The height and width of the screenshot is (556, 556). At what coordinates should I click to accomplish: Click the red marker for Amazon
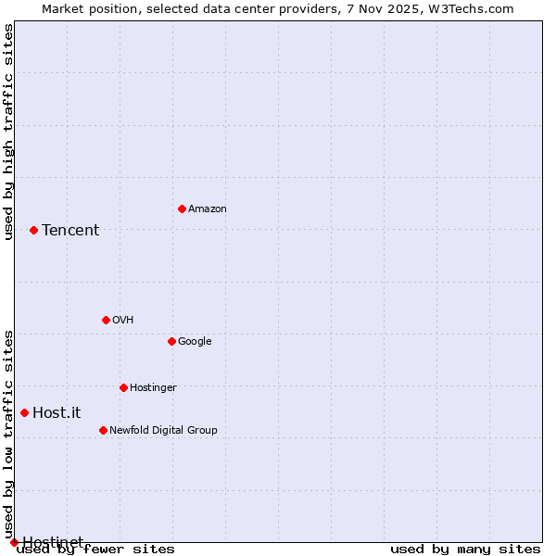pyautogui.click(x=182, y=208)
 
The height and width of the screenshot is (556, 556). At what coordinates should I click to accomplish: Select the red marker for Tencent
pyautogui.click(x=33, y=230)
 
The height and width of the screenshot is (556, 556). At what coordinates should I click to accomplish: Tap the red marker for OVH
pyautogui.click(x=106, y=320)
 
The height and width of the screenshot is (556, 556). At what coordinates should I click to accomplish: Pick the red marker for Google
pyautogui.click(x=171, y=341)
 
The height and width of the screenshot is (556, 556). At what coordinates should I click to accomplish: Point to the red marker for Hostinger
pyautogui.click(x=123, y=387)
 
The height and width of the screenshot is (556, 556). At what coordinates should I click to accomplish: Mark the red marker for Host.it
pyautogui.click(x=24, y=412)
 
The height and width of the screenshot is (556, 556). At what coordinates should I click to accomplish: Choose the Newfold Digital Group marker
pyautogui.click(x=103, y=430)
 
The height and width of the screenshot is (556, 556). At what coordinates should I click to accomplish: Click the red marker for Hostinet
pyautogui.click(x=14, y=542)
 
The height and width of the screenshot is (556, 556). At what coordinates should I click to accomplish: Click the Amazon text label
pyautogui.click(x=208, y=209)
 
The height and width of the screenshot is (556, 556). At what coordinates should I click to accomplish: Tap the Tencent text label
pyautogui.click(x=70, y=231)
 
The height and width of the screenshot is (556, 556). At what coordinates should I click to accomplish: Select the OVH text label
pyautogui.click(x=123, y=321)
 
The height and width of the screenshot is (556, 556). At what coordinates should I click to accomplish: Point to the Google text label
pyautogui.click(x=195, y=342)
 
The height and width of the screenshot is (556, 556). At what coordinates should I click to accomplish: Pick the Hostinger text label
pyautogui.click(x=153, y=388)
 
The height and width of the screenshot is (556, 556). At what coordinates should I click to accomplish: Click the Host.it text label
pyautogui.click(x=57, y=413)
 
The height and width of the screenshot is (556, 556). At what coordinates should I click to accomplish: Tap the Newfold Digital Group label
pyautogui.click(x=163, y=431)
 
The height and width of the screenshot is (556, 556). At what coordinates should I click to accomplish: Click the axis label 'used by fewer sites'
pyautogui.click(x=95, y=550)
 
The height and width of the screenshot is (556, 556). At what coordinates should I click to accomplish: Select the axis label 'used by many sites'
pyautogui.click(x=465, y=550)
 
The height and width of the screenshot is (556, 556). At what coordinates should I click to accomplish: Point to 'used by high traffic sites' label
pyautogui.click(x=9, y=132)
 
